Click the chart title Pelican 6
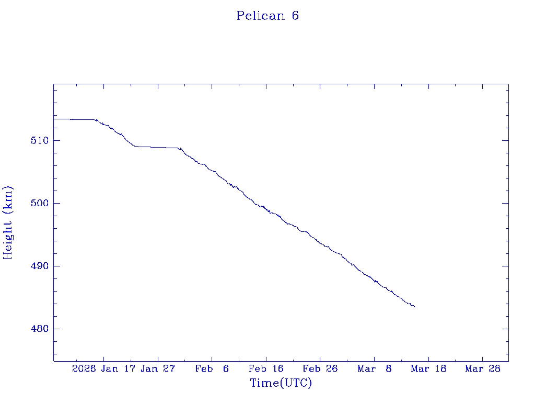coord(267,16)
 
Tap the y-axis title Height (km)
coord(8,222)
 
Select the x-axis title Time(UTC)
coord(281,383)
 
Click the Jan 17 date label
coord(118,368)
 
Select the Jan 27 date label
coord(158,368)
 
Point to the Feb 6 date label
coord(212,368)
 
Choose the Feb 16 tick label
coord(266,368)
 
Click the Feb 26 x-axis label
coord(321,368)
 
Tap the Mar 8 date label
coord(375,368)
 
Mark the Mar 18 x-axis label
coord(429,368)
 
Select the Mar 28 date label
coord(483,368)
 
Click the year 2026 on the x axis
coord(84,368)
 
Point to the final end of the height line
coord(415,307)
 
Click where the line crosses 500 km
coord(255,203)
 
